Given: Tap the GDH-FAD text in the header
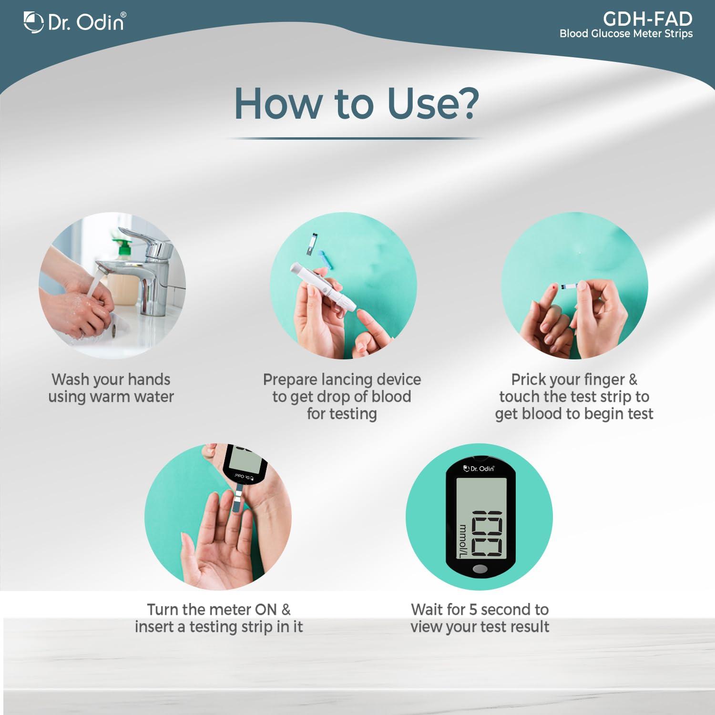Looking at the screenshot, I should (x=647, y=19).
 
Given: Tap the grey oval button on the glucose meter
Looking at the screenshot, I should (x=480, y=569).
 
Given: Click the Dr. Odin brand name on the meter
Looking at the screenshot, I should (x=480, y=469).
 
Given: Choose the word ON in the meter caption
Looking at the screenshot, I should (x=266, y=609).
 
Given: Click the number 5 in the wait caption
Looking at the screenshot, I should (x=473, y=609).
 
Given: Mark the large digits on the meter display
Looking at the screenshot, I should (x=486, y=534).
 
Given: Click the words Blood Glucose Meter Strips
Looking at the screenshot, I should (x=626, y=34).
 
